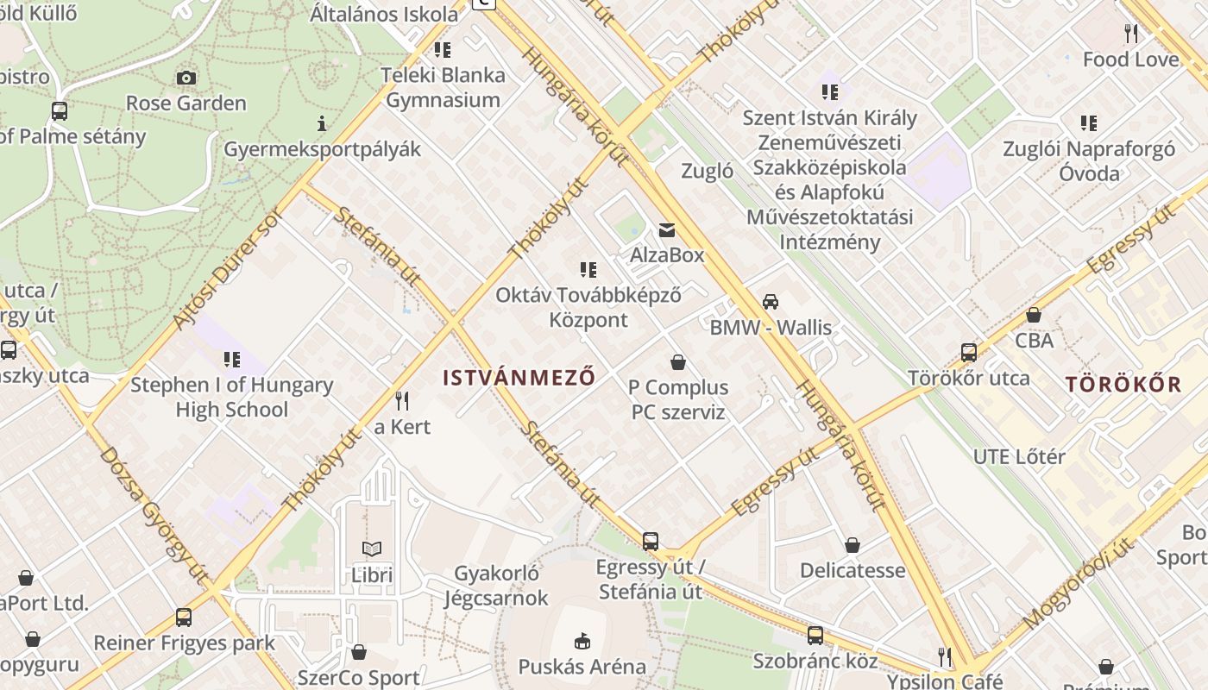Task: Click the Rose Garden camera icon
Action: click(186, 78)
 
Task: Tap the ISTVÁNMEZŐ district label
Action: click(519, 377)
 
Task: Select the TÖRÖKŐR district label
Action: click(1123, 384)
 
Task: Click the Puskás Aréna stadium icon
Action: click(582, 641)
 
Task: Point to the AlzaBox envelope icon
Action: click(667, 230)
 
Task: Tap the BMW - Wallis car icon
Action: click(771, 302)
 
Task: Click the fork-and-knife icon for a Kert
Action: click(401, 401)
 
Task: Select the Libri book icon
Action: click(372, 549)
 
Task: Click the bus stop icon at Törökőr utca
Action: click(969, 353)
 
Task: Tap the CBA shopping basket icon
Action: click(1034, 315)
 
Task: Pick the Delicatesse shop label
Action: click(853, 570)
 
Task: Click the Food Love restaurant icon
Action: click(1130, 34)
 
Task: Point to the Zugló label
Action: click(708, 171)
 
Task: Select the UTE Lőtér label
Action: click(1019, 456)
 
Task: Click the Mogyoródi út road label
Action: click(1078, 582)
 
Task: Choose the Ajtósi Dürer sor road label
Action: click(228, 269)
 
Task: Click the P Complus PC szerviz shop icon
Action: click(678, 362)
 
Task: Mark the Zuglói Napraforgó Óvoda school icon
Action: click(1089, 123)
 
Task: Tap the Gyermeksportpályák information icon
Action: click(322, 124)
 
